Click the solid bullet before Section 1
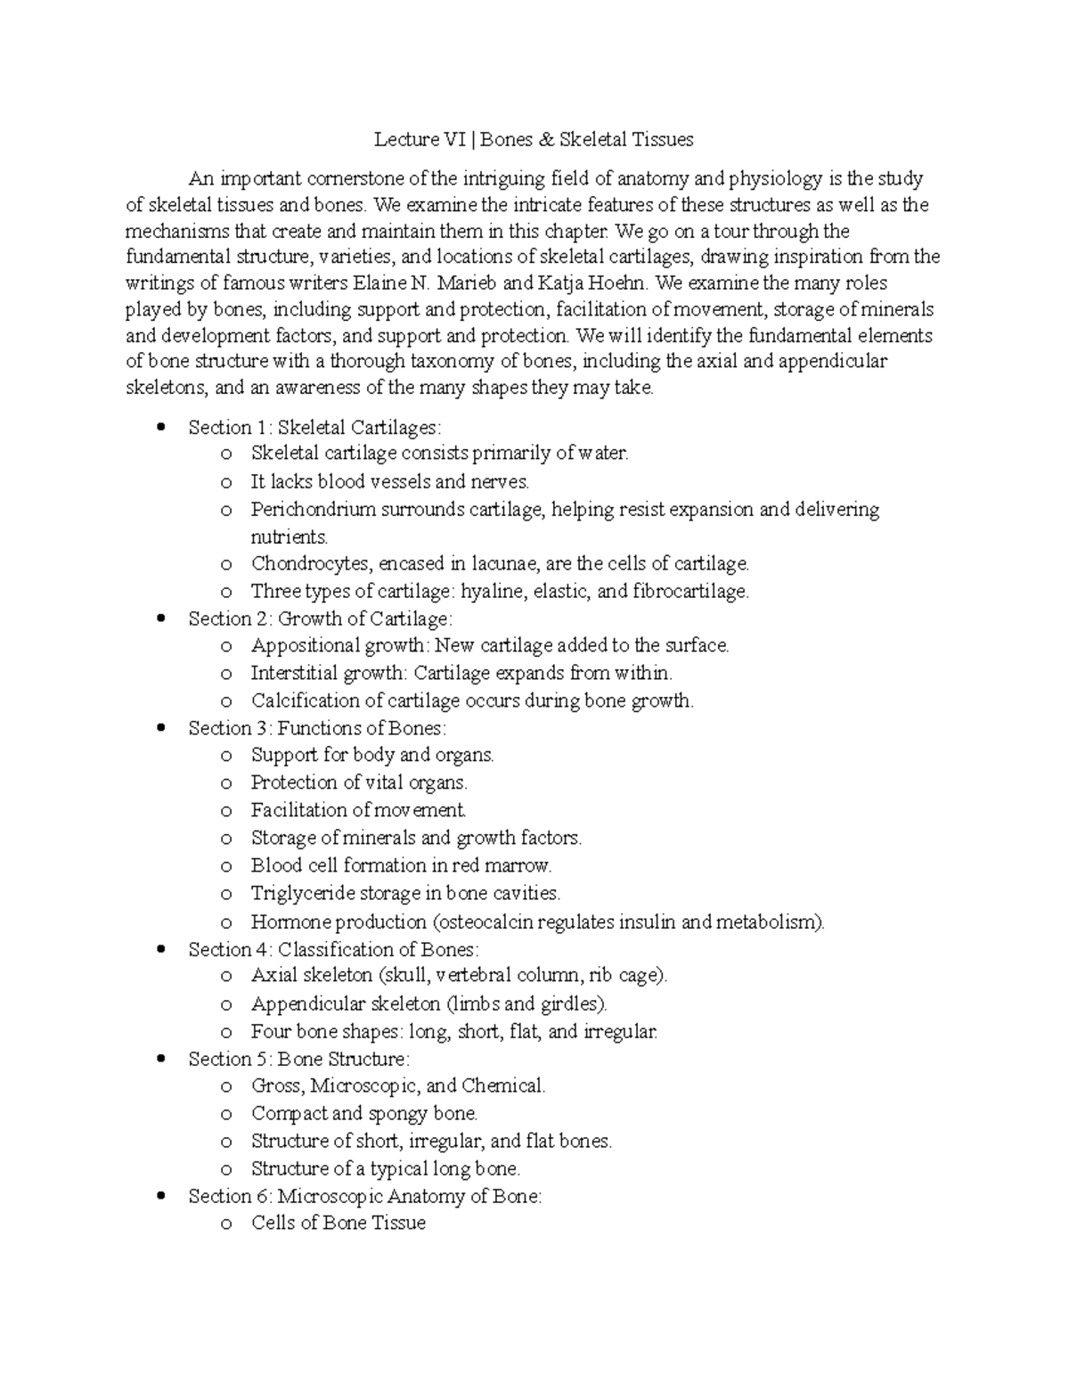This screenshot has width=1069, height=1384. (x=161, y=427)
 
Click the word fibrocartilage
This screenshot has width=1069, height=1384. (x=690, y=592)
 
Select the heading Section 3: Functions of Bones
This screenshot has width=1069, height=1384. (x=316, y=728)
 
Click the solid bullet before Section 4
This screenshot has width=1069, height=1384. (x=161, y=949)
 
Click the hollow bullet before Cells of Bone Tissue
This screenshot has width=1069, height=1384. (x=227, y=1224)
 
